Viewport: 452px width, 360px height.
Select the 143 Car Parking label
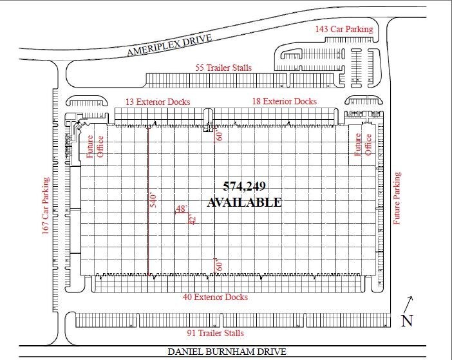(x=343, y=30)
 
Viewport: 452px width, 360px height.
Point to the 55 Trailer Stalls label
(x=223, y=68)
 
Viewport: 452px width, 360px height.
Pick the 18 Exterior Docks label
(x=284, y=101)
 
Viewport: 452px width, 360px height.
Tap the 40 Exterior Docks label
(x=216, y=298)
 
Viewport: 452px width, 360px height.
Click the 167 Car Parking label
(x=46, y=206)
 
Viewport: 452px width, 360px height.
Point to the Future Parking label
(x=397, y=198)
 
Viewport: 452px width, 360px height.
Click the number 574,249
(x=244, y=187)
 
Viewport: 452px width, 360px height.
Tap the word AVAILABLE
(x=244, y=202)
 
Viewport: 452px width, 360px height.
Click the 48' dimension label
(x=181, y=209)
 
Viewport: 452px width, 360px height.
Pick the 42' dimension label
(x=191, y=219)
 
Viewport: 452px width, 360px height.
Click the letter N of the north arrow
(x=406, y=321)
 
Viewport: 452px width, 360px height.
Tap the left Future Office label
(x=95, y=146)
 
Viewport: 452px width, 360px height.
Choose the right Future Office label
(x=364, y=146)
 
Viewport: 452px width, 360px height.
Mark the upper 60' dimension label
(x=219, y=136)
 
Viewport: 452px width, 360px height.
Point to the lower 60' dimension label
(x=219, y=264)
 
